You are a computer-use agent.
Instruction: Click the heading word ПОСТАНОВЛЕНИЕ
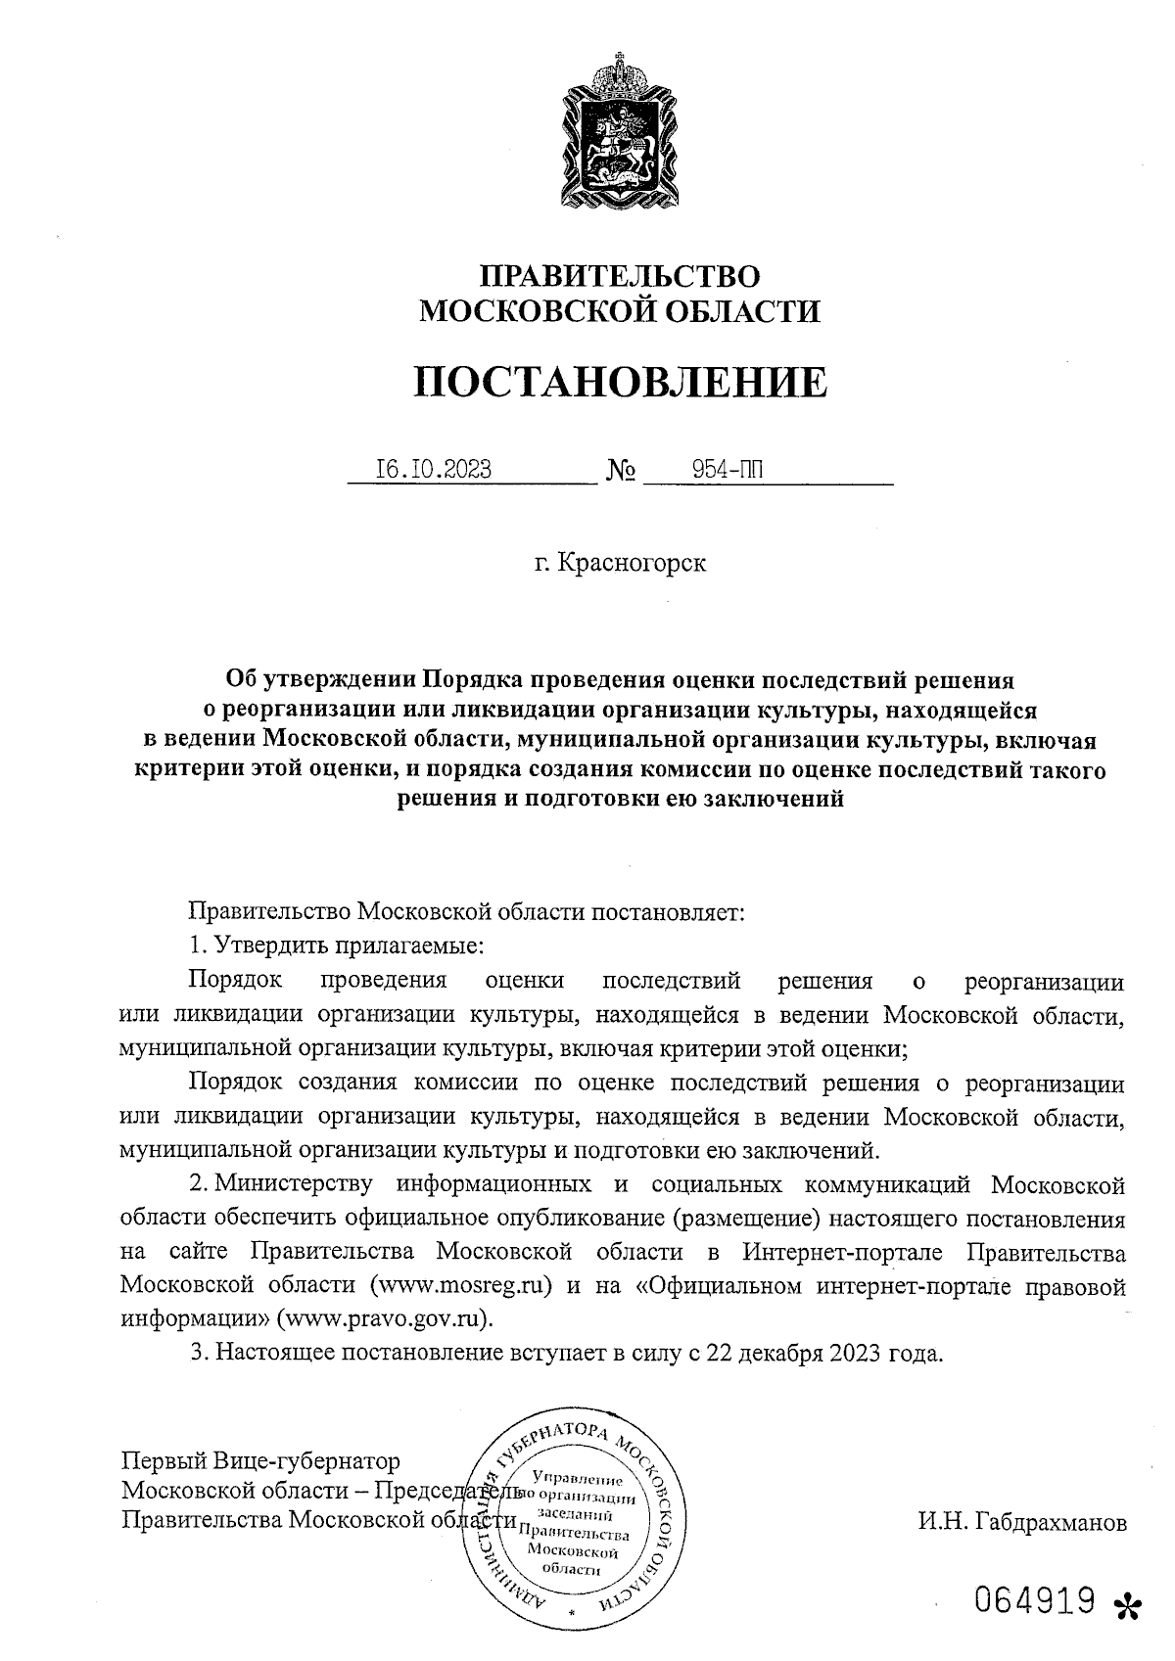[x=619, y=382]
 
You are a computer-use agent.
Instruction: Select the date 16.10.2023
[x=434, y=471]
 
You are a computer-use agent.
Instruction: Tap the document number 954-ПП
[x=727, y=471]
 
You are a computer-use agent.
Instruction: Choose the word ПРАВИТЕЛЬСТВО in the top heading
[x=619, y=276]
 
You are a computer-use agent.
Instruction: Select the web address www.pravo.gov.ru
[x=386, y=1317]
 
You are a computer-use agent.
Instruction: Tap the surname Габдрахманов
[x=1022, y=1522]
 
